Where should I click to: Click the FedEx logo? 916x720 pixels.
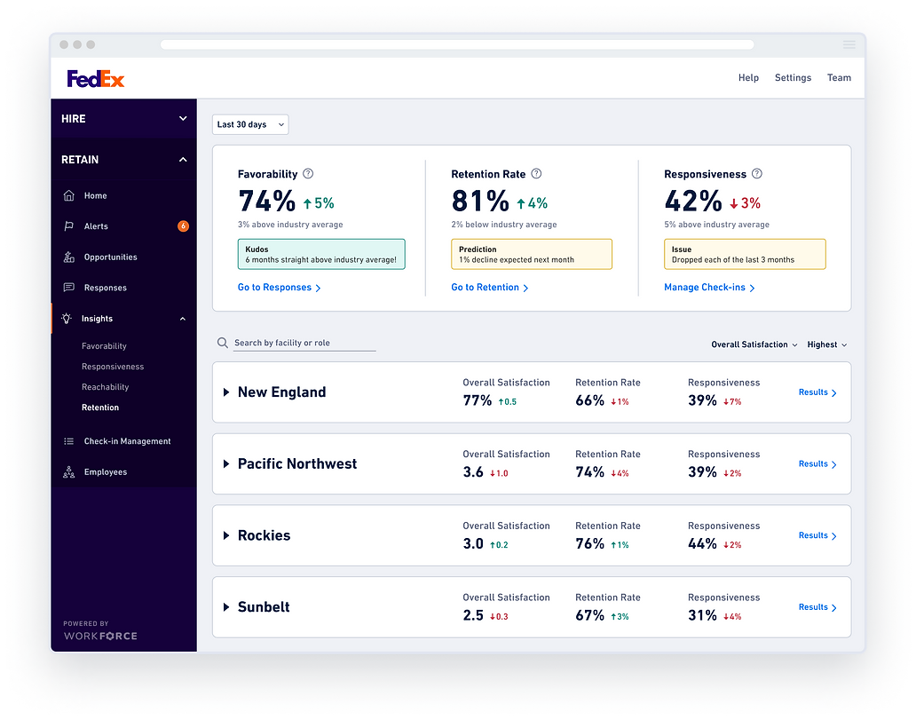click(95, 79)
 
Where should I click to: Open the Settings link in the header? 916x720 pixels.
click(793, 78)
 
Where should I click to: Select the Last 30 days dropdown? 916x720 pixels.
click(250, 125)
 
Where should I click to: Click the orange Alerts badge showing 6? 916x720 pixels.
click(183, 226)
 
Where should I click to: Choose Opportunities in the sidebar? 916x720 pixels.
click(110, 257)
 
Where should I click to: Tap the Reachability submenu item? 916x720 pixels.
click(105, 387)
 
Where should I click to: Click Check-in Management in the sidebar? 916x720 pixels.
click(127, 441)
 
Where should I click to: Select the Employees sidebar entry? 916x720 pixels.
click(105, 472)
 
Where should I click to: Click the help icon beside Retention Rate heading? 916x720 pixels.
click(536, 174)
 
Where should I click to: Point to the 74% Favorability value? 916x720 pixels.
click(266, 202)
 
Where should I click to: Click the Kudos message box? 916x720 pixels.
click(321, 255)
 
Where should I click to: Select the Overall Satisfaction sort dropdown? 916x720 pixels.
click(754, 344)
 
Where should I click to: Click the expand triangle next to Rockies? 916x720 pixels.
click(226, 536)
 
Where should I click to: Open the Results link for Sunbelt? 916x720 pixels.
click(817, 607)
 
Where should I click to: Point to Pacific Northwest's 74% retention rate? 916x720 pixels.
click(589, 472)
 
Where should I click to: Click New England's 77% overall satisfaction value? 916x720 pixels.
click(478, 400)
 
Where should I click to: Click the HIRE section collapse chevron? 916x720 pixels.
click(183, 119)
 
